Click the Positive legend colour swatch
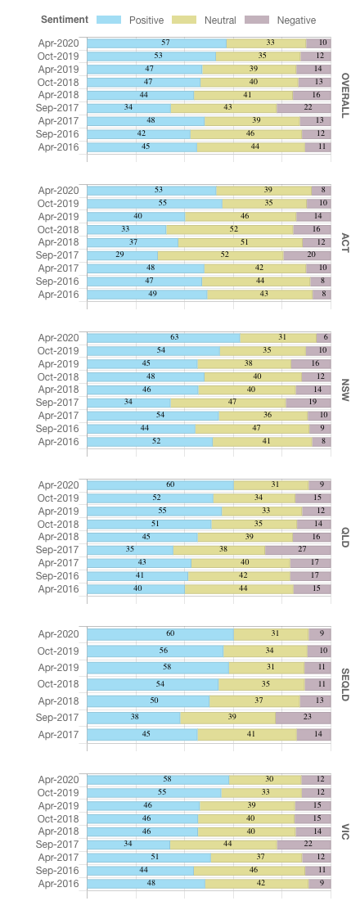click(109, 20)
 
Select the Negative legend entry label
click(296, 20)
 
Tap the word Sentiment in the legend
click(65, 20)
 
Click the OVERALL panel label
click(345, 95)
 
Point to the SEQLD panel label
click(345, 685)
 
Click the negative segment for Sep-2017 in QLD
click(298, 550)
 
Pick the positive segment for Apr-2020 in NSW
click(164, 338)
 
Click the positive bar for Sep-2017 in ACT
click(123, 255)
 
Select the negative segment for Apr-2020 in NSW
click(323, 338)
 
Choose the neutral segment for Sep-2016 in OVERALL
click(245, 134)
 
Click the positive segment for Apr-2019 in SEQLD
click(158, 668)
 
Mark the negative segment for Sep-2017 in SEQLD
click(303, 718)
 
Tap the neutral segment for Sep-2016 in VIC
click(249, 871)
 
